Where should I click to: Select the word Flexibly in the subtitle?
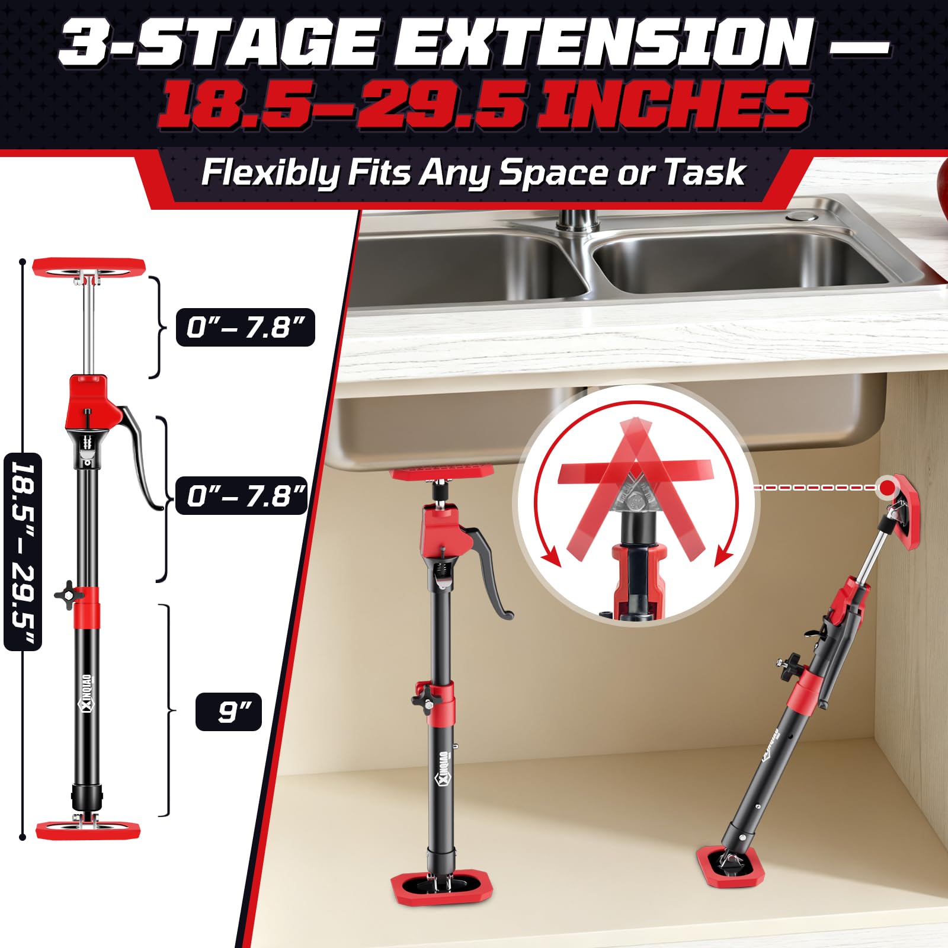270,173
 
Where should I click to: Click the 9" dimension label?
229,711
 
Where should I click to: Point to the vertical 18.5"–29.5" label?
23,551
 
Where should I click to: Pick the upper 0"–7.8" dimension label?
245,327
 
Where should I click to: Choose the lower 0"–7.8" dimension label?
242,495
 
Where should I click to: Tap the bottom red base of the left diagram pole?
88,829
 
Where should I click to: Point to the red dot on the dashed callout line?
887,487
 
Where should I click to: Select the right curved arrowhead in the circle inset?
724,557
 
